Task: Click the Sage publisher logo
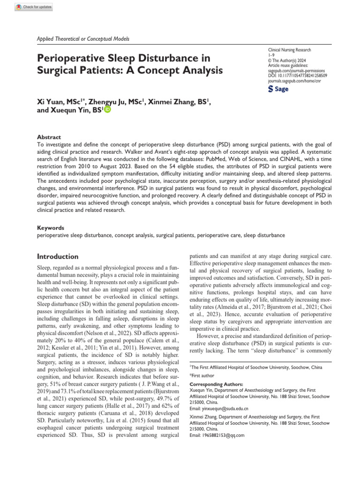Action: click(278, 89)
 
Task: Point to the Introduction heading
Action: click(58, 256)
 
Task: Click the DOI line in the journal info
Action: click(297, 75)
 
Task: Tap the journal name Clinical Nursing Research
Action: click(289, 50)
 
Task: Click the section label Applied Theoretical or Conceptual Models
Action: click(82, 39)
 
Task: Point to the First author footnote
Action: click(203, 375)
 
